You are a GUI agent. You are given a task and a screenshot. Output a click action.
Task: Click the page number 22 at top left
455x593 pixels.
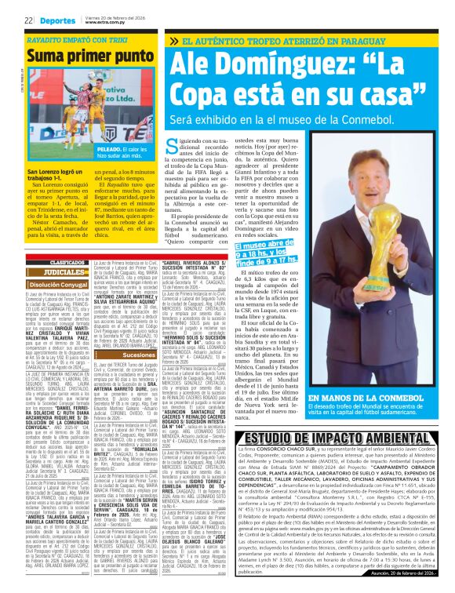[x=27, y=20]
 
